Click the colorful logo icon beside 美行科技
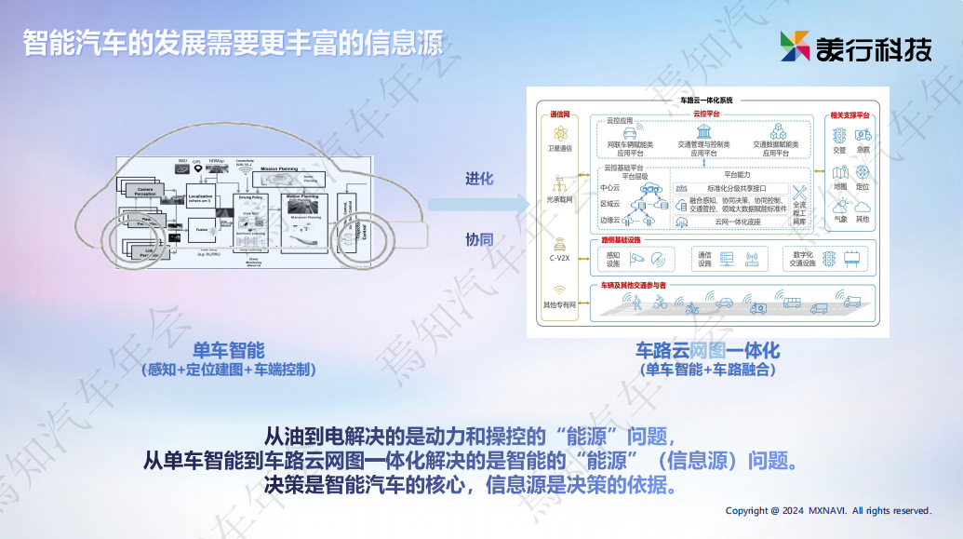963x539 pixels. pyautogui.click(x=796, y=47)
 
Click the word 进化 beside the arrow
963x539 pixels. pyautogui.click(x=479, y=179)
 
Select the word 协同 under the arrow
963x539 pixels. pyautogui.click(x=479, y=240)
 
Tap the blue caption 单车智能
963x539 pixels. pyautogui.click(x=229, y=350)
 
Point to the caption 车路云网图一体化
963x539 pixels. pyautogui.click(x=707, y=350)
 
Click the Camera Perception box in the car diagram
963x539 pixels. pyautogui.click(x=145, y=190)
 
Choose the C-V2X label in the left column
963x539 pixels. pyautogui.click(x=559, y=259)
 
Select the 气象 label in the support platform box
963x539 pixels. pyautogui.click(x=840, y=220)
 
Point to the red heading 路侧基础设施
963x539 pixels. pyautogui.click(x=622, y=240)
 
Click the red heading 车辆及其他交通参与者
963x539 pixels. pyautogui.click(x=633, y=284)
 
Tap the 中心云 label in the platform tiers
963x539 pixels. pyautogui.click(x=610, y=187)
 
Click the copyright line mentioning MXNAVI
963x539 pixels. pyautogui.click(x=828, y=510)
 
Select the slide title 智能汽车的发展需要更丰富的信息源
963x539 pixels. pyautogui.click(x=233, y=44)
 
